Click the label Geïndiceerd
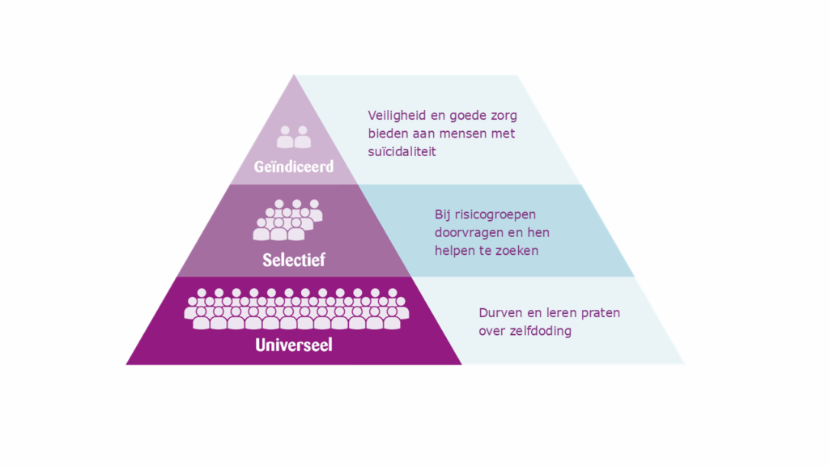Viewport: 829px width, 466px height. pyautogui.click(x=294, y=167)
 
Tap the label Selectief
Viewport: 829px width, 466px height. pyautogui.click(x=294, y=261)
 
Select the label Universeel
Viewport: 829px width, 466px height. pyautogui.click(x=294, y=345)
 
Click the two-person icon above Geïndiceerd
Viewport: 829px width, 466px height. pyautogui.click(x=294, y=138)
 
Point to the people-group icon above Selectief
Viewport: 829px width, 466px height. pyautogui.click(x=287, y=220)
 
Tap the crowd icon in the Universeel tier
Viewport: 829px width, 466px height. pyautogui.click(x=295, y=309)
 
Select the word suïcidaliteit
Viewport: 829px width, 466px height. pyautogui.click(x=402, y=151)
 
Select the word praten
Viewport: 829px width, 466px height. pyautogui.click(x=600, y=312)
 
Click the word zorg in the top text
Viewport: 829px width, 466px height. pyautogui.click(x=502, y=116)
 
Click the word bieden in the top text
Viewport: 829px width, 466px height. pyautogui.click(x=387, y=133)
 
